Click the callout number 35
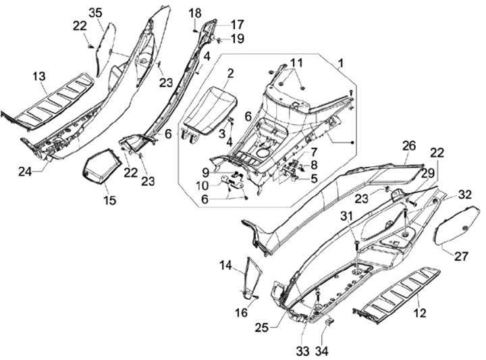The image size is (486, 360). coord(96,13)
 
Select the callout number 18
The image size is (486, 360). coord(194,13)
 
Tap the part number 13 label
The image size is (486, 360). coord(38,77)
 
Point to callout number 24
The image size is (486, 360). coord(25,172)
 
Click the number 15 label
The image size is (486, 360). coord(109,200)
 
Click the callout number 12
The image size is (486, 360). coord(419,312)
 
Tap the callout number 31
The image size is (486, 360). coord(346,215)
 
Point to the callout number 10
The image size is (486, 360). coord(202,186)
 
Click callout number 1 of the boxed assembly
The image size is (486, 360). coord(341,63)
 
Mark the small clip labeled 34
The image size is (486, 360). coord(328,324)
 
